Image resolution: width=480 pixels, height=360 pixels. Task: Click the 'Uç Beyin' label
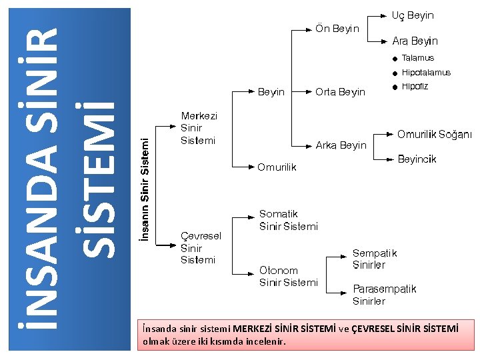[x=412, y=15]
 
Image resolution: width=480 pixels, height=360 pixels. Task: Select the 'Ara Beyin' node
[x=415, y=41]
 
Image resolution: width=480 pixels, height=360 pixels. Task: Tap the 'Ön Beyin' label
[x=337, y=29]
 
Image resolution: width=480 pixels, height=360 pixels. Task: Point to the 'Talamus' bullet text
[x=417, y=58]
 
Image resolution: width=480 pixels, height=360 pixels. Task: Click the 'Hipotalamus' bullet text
[x=426, y=73]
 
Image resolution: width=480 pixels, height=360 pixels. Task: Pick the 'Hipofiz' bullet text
[x=415, y=87]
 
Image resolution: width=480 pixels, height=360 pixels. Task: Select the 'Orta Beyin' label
[x=340, y=92]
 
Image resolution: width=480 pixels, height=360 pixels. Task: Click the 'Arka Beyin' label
[x=341, y=145]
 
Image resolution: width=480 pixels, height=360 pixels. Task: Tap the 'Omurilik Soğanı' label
[x=434, y=135]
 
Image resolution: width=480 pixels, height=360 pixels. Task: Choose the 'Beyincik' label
[x=417, y=159]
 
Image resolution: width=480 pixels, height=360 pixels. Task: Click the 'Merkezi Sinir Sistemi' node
[x=198, y=128]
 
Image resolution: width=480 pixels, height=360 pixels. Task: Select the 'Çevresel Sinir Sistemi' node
[x=201, y=247]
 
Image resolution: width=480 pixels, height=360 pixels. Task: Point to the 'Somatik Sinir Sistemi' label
[x=288, y=220]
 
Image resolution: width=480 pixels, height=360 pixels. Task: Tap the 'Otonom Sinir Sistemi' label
[x=288, y=276]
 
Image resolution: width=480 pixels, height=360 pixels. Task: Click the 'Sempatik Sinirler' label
[x=374, y=259]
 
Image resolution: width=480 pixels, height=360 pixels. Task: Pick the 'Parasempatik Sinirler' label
[x=384, y=295]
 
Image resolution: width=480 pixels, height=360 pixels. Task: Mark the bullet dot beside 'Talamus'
[x=395, y=59]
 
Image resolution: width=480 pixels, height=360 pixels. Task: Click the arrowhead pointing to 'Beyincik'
[x=389, y=159]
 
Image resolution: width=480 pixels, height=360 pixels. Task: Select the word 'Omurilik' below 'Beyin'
[x=277, y=167]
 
